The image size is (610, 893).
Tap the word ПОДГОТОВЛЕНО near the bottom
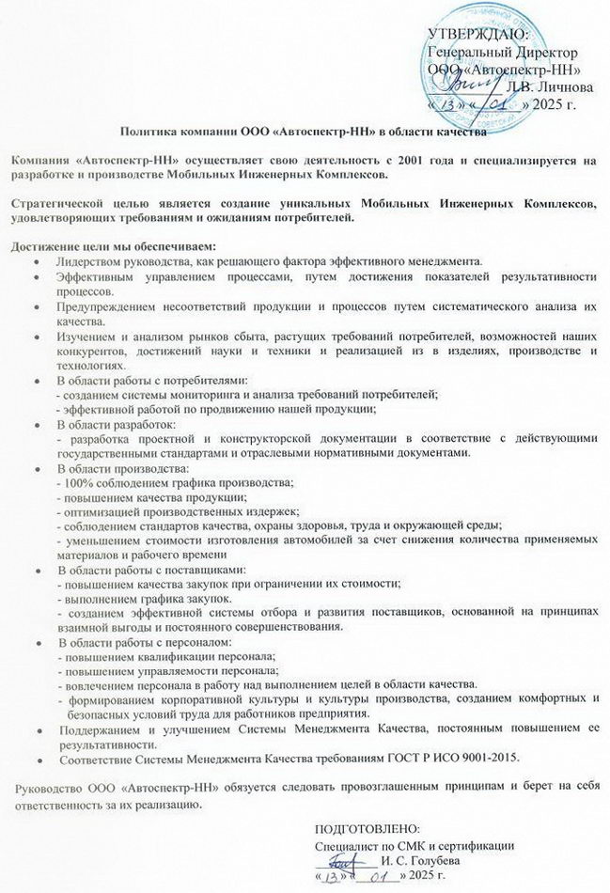point(365,828)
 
